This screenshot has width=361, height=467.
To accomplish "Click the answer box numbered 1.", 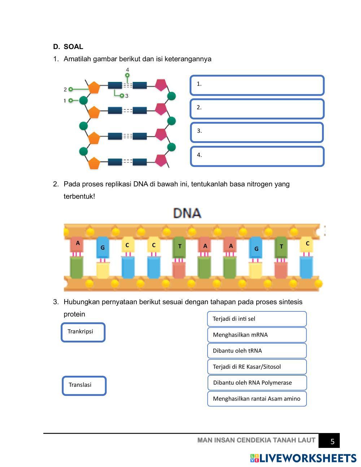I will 257,85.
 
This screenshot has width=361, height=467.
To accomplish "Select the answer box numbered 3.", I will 256,132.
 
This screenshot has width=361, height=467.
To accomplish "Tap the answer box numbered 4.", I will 257,156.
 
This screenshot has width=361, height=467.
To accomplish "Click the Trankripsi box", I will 83,332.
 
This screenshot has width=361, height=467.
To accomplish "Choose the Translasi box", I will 84,385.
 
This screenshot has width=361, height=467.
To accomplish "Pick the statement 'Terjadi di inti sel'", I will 257,319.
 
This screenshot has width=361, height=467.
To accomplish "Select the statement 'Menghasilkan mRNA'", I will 257,335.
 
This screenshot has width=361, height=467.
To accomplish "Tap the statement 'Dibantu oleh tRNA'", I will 257,351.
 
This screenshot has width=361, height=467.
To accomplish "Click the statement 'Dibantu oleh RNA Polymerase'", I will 257,383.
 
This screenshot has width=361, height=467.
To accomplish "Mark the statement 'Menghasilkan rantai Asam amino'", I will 257,399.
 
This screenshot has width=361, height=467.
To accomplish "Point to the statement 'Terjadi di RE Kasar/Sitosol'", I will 257,367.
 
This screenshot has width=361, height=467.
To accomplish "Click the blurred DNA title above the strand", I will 187,213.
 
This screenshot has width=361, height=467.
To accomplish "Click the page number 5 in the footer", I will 332,441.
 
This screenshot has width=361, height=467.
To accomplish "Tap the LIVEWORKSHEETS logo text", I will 308,458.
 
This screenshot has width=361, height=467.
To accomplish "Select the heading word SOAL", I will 73,47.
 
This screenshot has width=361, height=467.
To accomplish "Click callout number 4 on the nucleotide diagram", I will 127,70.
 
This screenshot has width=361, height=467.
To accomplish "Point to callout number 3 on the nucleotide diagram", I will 127,96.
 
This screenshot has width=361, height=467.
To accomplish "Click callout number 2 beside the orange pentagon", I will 65,89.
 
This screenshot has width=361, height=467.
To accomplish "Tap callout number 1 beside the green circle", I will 65,100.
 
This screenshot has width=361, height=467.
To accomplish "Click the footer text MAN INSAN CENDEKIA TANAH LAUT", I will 256,440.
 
